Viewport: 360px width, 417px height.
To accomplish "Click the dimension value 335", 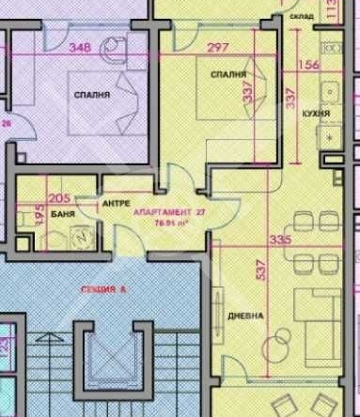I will coord(276,240).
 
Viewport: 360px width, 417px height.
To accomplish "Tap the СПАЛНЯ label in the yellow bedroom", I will coord(229,73).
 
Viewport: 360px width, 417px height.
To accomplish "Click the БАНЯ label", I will coord(65,215).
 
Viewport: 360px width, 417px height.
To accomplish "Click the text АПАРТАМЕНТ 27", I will coord(170,213).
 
